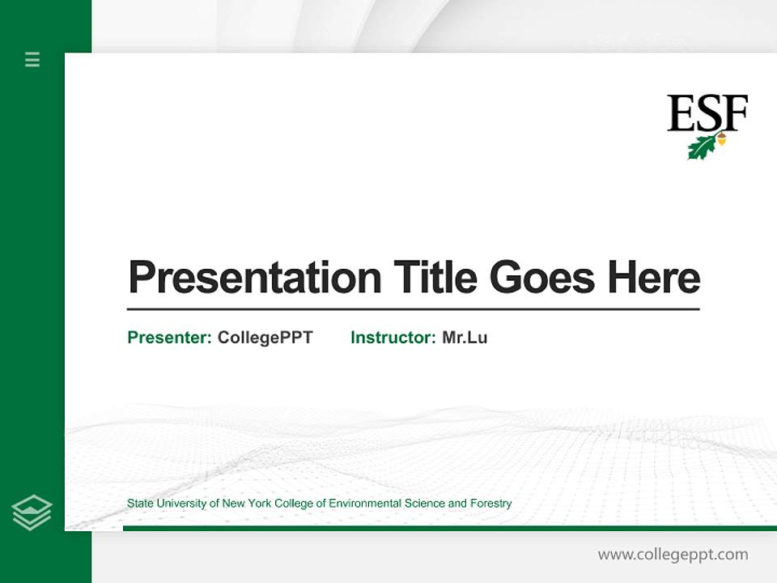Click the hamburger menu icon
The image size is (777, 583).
click(x=32, y=59)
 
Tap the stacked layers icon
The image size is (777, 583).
click(x=32, y=513)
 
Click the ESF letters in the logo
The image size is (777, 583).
click(x=707, y=113)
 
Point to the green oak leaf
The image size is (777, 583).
click(x=701, y=147)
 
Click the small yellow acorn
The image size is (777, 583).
click(x=721, y=139)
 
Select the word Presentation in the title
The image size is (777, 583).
click(x=254, y=278)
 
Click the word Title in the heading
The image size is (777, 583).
click(x=436, y=277)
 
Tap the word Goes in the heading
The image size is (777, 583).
click(x=541, y=277)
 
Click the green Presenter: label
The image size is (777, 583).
click(x=169, y=338)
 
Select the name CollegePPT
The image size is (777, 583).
click(x=265, y=338)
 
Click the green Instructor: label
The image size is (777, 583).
click(x=393, y=338)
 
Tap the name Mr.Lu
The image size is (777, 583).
click(x=465, y=338)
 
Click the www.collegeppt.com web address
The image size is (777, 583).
click(x=673, y=555)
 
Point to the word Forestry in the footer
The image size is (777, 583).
click(x=491, y=504)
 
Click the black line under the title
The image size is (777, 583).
click(x=413, y=309)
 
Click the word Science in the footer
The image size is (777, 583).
click(x=424, y=504)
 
